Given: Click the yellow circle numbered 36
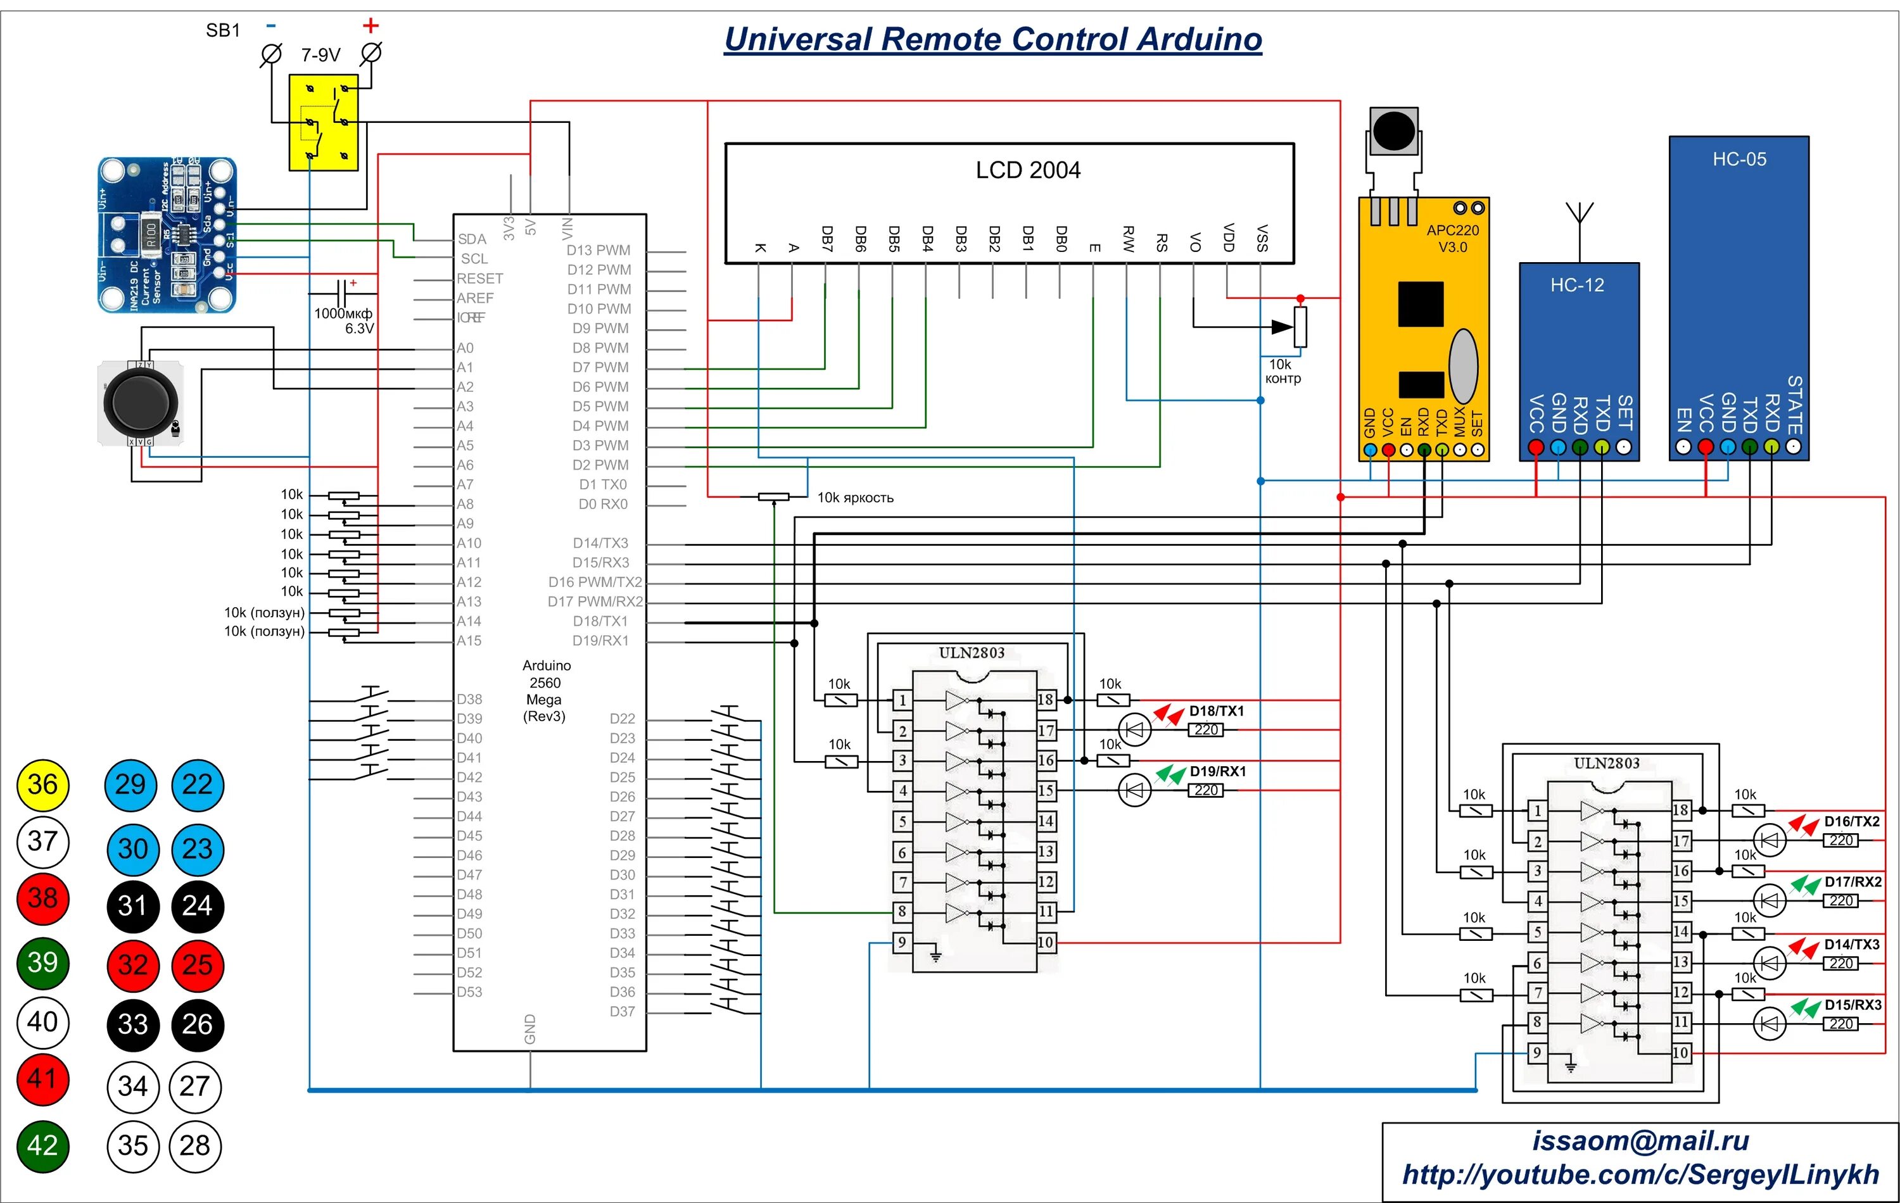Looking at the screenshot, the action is tap(42, 785).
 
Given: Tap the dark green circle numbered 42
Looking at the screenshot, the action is tap(42, 1145).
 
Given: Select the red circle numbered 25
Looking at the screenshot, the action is tap(197, 965).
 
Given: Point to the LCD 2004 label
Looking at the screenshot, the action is tap(1027, 170).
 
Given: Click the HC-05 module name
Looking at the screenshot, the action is tap(1739, 160).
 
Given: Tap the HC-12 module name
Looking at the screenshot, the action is tap(1576, 285).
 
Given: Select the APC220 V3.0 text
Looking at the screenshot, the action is tap(1453, 238).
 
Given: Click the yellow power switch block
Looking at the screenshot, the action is tap(324, 122).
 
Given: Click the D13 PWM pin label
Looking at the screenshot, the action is tap(598, 250).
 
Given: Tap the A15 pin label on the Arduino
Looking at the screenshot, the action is tap(469, 641).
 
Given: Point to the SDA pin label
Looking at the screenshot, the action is tap(472, 239).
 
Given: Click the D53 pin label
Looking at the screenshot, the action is tap(469, 992).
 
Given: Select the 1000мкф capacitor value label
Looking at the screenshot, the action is tap(343, 314).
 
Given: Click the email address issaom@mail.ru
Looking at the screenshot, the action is tap(1640, 1141).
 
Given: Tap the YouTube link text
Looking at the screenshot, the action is tap(1640, 1175).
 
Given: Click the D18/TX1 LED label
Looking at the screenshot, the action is tap(1217, 711).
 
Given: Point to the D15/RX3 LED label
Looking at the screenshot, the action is tap(1852, 1005).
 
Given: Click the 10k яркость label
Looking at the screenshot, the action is tap(855, 498).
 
